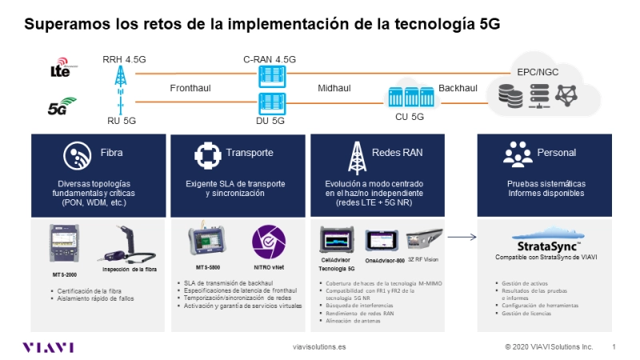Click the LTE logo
pos(61,70)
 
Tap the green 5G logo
pos(62,104)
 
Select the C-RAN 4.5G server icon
pos(268,76)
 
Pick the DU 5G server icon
pos(268,103)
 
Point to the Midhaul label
pos(335,89)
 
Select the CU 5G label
pos(410,117)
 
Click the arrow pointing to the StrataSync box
pos(462,237)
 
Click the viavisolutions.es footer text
pos(320,347)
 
